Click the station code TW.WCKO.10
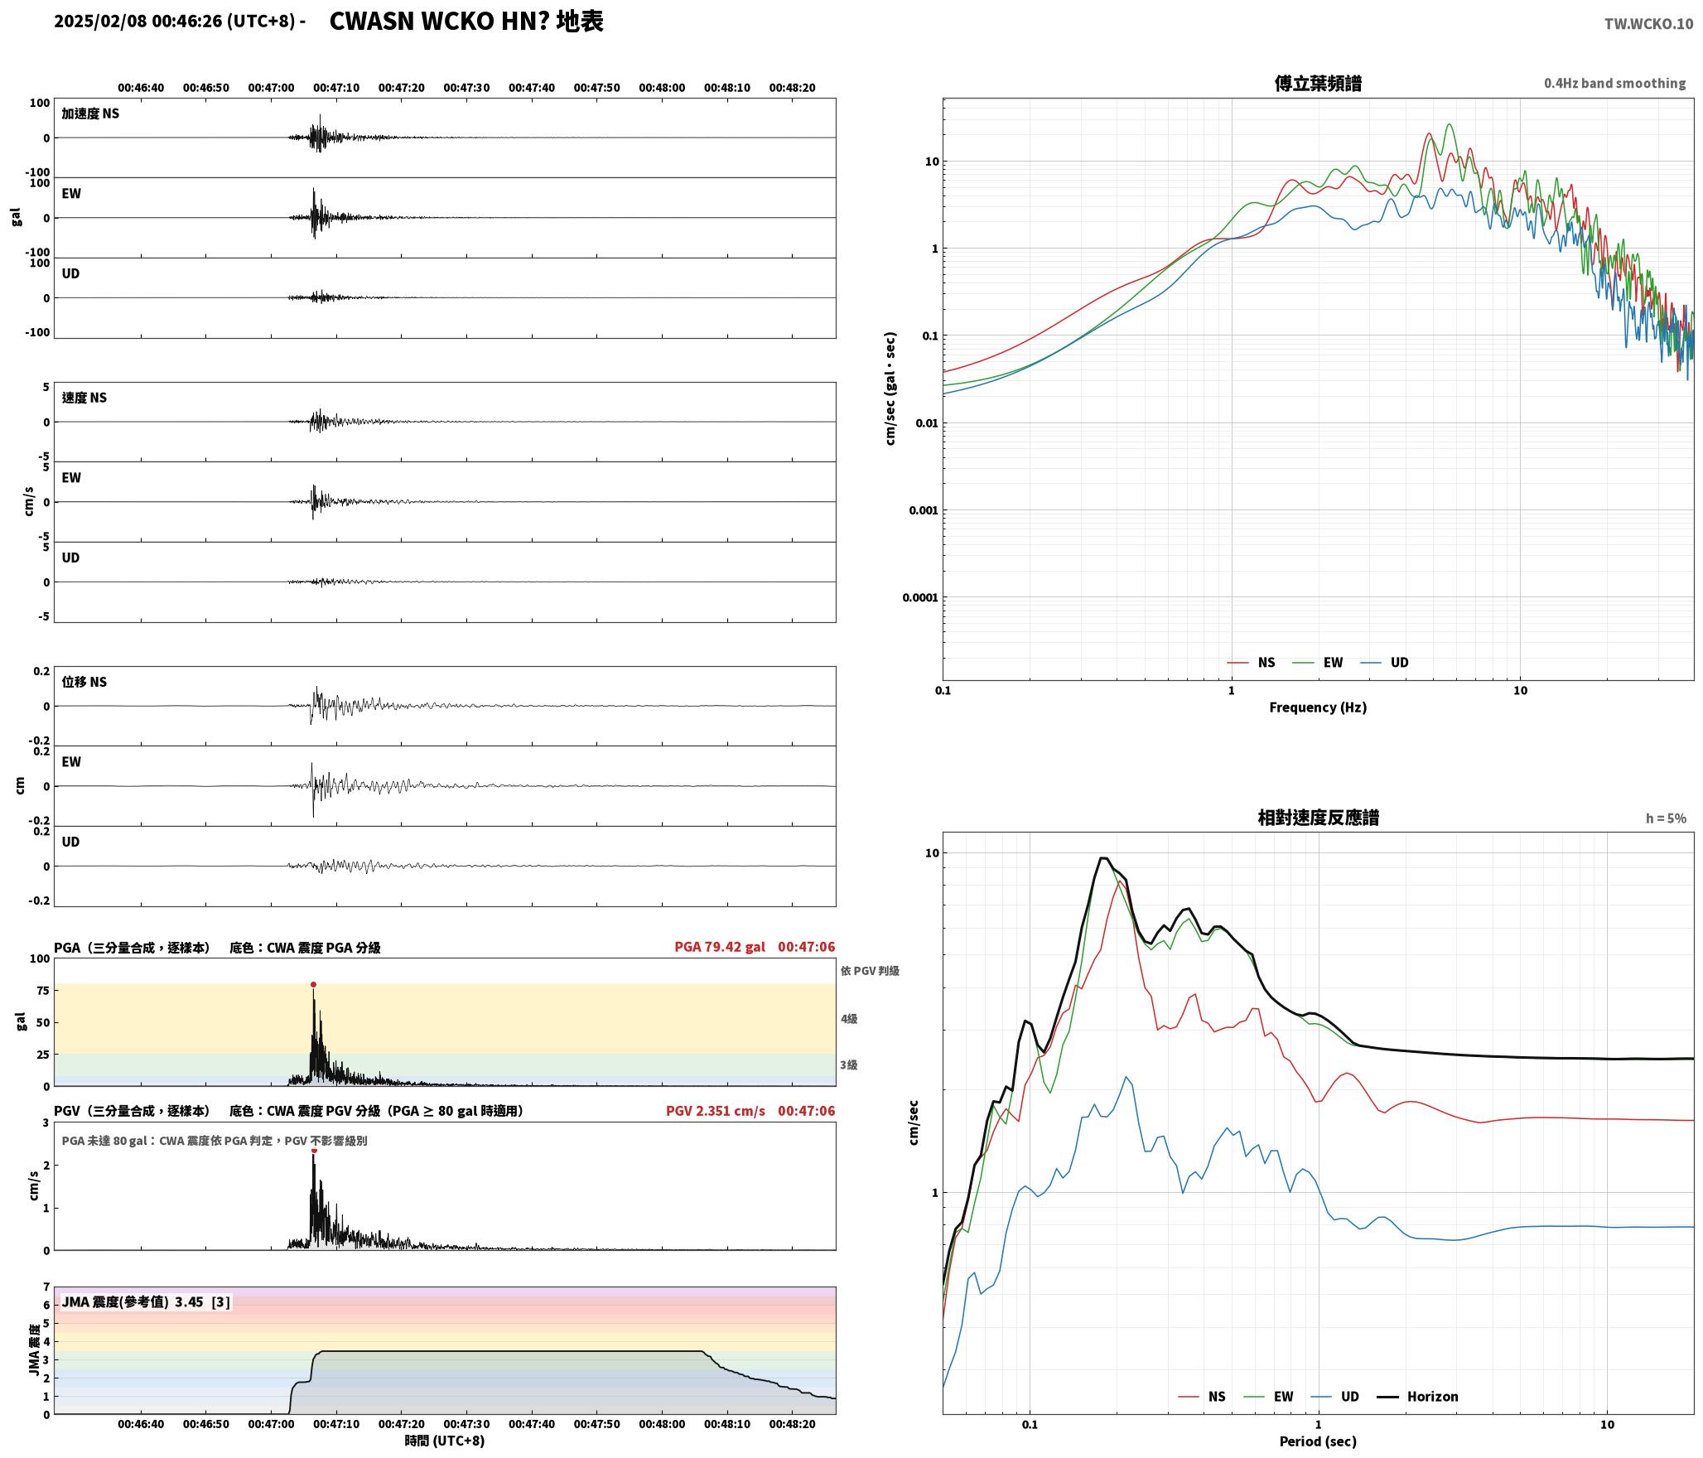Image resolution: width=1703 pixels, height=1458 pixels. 1648,24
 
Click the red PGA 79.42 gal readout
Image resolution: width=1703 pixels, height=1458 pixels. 720,947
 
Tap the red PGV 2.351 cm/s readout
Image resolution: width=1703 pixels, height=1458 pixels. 716,1111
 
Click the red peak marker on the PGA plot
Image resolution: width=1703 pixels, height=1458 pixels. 313,985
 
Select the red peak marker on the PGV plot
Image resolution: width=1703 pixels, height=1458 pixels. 314,1151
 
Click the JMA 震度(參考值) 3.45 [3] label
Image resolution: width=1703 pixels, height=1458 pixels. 146,1302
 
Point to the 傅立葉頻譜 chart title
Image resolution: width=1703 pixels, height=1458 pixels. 1318,84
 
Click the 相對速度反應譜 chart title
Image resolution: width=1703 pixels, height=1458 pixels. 1318,818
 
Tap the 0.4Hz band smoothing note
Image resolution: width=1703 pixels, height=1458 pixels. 1614,84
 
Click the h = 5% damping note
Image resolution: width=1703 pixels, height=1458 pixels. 1666,818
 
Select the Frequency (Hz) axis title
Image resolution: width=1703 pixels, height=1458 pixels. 1318,707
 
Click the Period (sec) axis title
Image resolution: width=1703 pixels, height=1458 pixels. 1318,1441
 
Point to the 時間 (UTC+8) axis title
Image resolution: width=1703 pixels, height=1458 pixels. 445,1441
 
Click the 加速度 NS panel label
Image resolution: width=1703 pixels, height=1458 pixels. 90,113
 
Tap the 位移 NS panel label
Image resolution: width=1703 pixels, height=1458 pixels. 84,682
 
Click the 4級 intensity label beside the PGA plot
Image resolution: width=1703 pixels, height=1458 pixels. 849,1019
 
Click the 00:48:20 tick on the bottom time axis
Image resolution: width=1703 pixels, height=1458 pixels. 792,1424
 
